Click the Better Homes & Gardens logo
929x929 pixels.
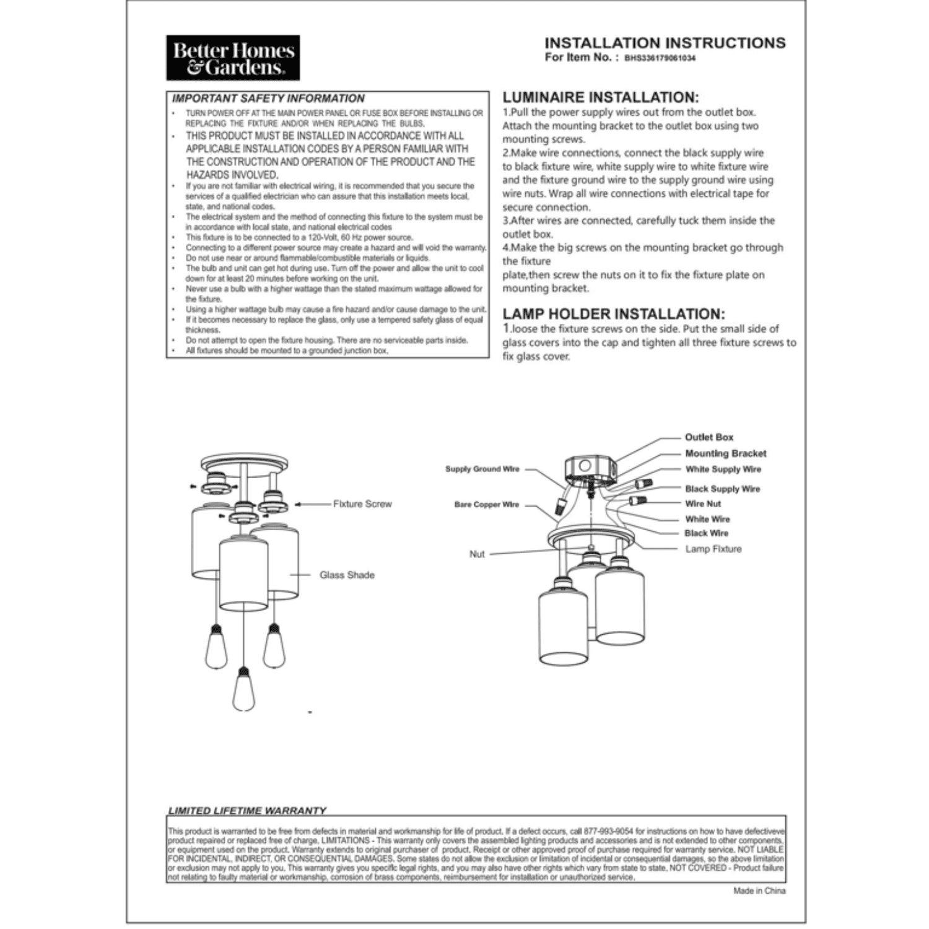coord(233,58)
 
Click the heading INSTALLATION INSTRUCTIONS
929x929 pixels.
coord(665,43)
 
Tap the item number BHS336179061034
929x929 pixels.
coord(660,58)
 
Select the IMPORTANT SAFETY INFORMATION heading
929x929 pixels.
coord(268,98)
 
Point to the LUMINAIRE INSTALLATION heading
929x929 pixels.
coord(600,97)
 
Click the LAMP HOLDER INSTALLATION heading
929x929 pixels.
coord(613,314)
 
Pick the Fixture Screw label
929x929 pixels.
coord(362,504)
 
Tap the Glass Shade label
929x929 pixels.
coord(347,575)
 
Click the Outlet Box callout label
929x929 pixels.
coord(709,437)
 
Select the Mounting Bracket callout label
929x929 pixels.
coord(725,453)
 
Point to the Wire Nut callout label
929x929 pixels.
coord(703,504)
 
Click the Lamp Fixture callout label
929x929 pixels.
coord(713,549)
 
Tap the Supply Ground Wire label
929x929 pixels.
coord(482,469)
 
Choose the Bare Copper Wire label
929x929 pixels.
coord(487,505)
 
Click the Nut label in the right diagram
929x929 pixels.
coord(477,554)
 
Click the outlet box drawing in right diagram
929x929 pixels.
coord(588,470)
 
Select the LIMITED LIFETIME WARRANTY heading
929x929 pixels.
coord(247,810)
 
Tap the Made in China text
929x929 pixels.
coord(759,891)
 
